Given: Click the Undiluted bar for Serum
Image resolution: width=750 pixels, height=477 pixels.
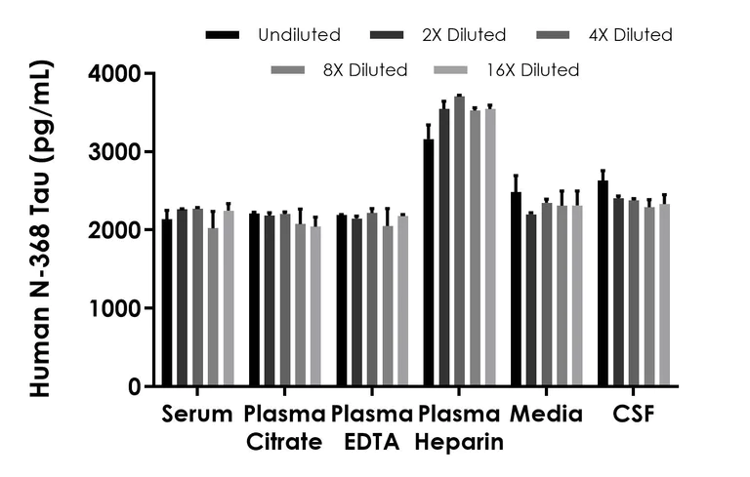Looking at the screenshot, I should [167, 303].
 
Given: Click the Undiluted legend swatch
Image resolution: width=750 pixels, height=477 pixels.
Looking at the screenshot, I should [223, 35].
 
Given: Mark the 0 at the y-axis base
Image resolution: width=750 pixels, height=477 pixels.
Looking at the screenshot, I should [132, 386].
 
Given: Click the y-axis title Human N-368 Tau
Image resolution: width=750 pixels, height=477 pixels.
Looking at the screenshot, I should [39, 229].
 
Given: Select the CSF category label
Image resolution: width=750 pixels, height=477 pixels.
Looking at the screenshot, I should [634, 415].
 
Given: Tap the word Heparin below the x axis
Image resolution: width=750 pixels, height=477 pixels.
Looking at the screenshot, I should [459, 442].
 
